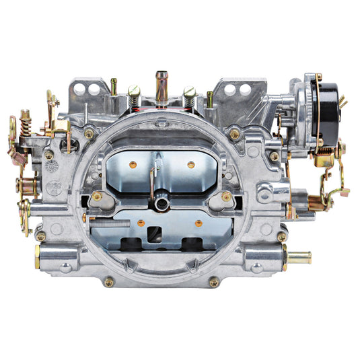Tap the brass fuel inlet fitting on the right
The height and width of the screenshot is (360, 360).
click(300, 256)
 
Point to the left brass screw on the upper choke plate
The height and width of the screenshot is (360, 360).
click(134, 164)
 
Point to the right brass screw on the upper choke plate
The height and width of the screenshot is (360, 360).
click(191, 164)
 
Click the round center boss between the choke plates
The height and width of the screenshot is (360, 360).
click(162, 202)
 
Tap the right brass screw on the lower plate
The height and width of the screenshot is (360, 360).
click(199, 222)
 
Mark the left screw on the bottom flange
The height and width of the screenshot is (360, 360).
click(108, 282)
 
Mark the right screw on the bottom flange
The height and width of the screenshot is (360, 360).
click(215, 282)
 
